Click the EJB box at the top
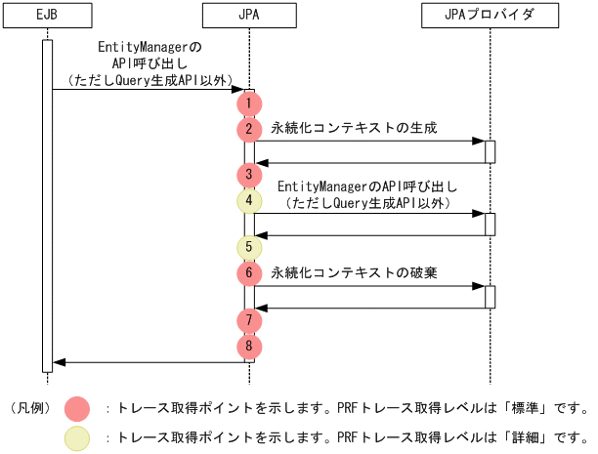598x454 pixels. tap(47, 17)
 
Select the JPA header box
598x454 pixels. tap(249, 17)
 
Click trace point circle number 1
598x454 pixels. tap(249, 103)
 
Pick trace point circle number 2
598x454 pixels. tap(249, 128)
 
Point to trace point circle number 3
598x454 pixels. tap(249, 175)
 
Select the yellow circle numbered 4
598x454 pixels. tap(249, 200)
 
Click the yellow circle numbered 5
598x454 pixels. tap(249, 246)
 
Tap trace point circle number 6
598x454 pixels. tap(249, 272)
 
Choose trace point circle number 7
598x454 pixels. tap(249, 319)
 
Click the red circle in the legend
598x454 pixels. tap(77, 407)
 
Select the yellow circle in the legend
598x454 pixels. tap(77, 438)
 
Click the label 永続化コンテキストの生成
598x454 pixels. tap(354, 128)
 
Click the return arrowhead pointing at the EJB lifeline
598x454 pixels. tap(59, 362)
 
